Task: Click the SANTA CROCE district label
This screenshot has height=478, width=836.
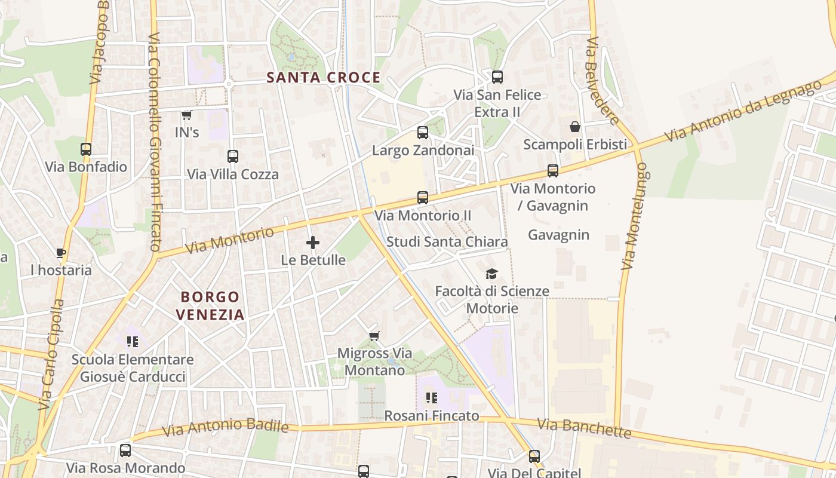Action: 323,77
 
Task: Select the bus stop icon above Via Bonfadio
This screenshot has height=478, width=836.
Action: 86,149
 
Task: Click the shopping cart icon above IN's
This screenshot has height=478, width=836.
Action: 186,115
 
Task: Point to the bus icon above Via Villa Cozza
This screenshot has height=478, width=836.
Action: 233,157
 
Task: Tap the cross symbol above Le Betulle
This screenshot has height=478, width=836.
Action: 312,243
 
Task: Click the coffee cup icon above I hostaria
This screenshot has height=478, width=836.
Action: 61,253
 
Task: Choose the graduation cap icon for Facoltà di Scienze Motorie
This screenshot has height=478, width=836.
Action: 491,274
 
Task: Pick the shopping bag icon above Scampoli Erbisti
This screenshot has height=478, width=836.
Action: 574,127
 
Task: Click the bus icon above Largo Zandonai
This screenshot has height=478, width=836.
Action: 423,132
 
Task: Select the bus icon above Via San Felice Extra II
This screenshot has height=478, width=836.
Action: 497,77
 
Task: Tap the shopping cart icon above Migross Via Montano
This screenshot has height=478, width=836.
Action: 374,336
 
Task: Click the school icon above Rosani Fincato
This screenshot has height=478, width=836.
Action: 432,398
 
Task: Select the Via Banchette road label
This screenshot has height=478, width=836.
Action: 583,428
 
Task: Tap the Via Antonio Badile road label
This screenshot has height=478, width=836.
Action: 225,427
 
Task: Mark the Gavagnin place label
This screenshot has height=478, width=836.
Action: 558,235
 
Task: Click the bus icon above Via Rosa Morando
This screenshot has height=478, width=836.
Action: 125,451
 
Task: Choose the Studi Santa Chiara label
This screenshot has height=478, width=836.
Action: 447,241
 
